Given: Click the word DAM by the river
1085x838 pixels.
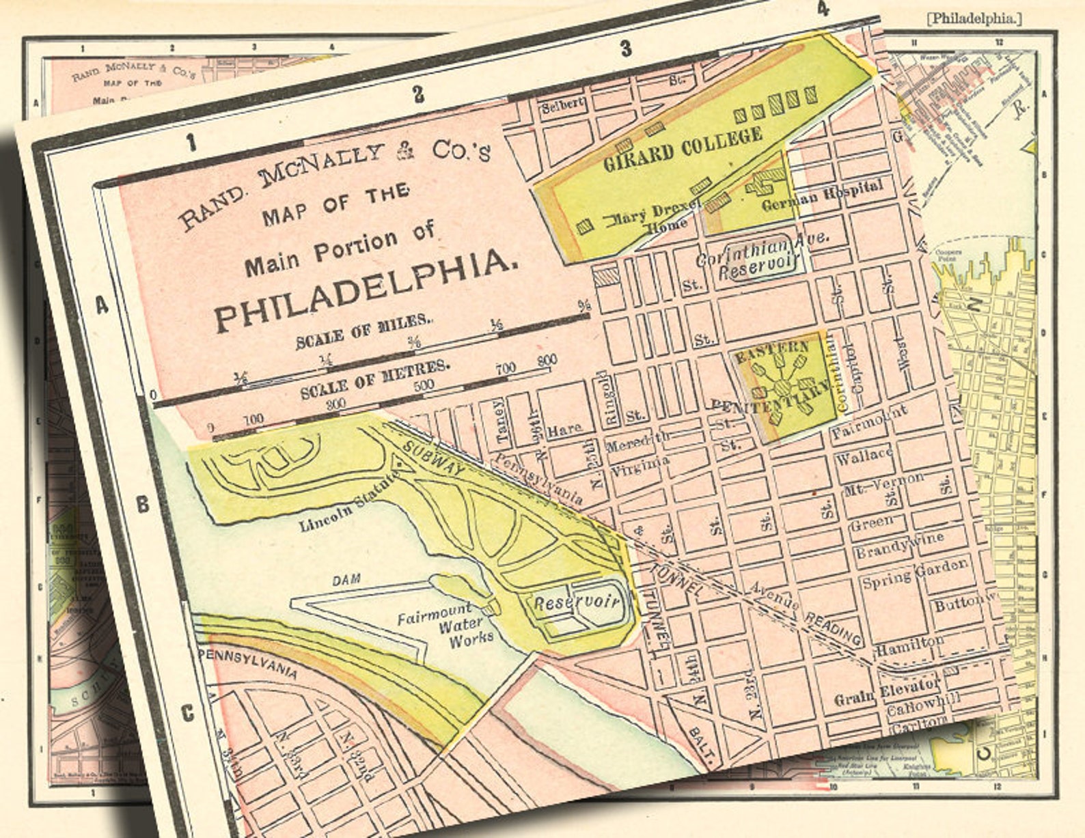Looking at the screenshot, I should click(x=346, y=581).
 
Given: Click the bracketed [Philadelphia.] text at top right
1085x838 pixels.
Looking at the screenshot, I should click(x=974, y=18).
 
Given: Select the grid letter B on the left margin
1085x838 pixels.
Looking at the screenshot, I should click(x=142, y=505).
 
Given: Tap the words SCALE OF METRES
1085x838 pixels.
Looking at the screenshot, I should click(x=375, y=379).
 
